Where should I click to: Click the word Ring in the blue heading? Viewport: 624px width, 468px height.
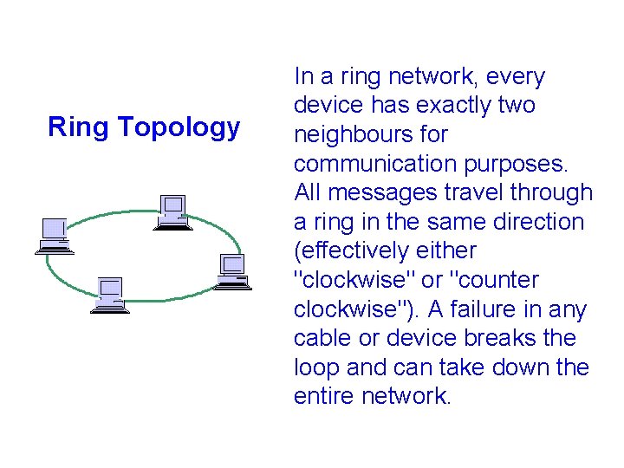[x=79, y=127]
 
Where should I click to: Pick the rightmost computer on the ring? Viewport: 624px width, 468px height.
[x=231, y=271]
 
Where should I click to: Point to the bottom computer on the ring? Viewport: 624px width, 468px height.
[x=110, y=296]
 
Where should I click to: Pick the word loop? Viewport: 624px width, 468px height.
[x=317, y=368]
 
